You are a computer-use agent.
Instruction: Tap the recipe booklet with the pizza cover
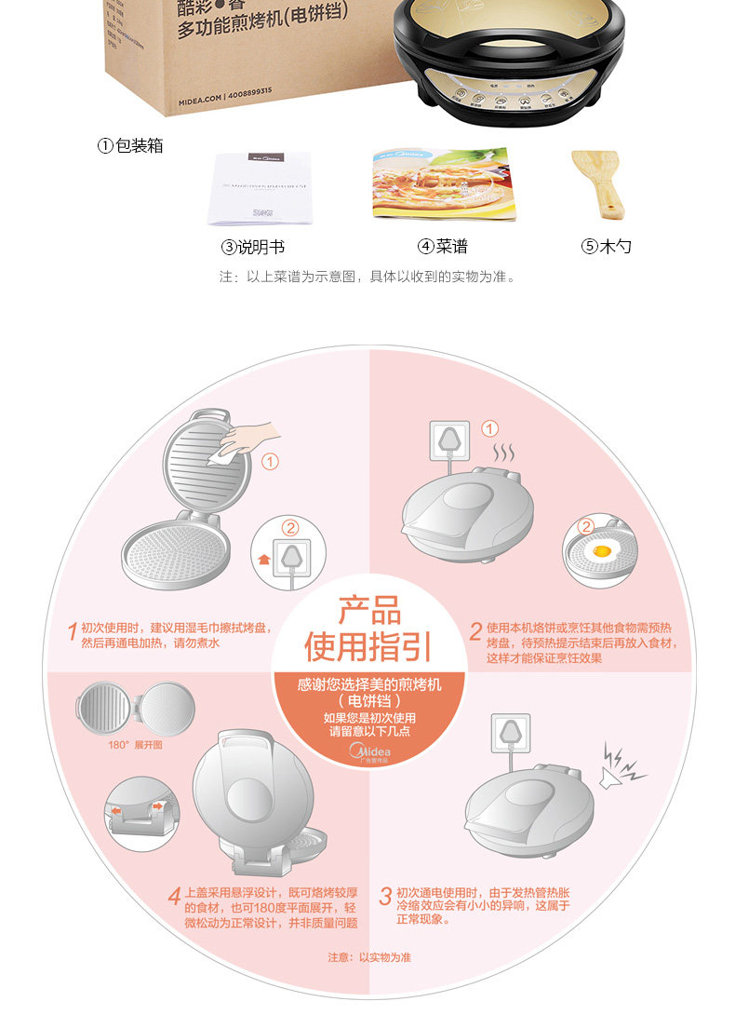pos(443,183)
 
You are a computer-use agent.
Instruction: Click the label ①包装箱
pos(131,145)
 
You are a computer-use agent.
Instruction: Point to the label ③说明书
pos(252,247)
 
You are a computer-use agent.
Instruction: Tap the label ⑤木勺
pos(607,247)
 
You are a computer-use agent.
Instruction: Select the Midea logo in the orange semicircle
pos(369,751)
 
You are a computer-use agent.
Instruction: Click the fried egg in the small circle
pos(601,552)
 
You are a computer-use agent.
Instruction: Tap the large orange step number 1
pos(72,631)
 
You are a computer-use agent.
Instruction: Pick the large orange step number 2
pos(475,631)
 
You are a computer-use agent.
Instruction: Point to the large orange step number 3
pos(384,896)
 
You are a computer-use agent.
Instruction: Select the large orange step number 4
pos(174,896)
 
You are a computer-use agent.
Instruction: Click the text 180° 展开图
pos(136,745)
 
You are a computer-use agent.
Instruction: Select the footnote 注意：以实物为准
pos(368,957)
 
